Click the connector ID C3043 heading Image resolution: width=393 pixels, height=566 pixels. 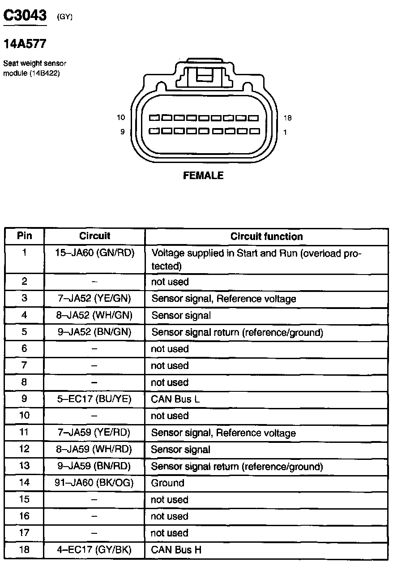[x=25, y=16]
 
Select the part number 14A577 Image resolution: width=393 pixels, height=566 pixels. [x=25, y=44]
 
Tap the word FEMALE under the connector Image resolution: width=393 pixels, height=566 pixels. [x=203, y=176]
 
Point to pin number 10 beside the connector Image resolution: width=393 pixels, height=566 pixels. [x=121, y=118]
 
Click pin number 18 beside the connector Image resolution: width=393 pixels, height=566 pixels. [x=287, y=118]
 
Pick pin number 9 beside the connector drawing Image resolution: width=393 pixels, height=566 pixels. [x=123, y=132]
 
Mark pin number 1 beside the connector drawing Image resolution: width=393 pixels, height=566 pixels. [x=285, y=132]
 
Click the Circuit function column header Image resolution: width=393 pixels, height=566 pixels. [x=266, y=236]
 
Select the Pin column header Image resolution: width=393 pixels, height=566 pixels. [x=25, y=236]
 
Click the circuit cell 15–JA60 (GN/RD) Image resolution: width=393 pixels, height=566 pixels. [x=94, y=253]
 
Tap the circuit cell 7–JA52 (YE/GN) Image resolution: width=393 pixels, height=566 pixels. [x=94, y=299]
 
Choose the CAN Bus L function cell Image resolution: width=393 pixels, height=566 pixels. [x=175, y=399]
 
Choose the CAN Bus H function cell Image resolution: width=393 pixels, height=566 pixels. [x=176, y=550]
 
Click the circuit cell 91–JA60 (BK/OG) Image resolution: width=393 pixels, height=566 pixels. [x=94, y=483]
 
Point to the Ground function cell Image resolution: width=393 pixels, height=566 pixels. [x=167, y=483]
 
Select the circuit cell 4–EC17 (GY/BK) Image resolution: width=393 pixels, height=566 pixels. [x=94, y=550]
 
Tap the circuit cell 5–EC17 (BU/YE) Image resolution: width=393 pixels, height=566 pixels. [x=94, y=399]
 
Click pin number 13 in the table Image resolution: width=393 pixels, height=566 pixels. [x=25, y=466]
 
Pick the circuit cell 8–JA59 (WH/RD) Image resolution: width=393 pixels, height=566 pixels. [x=94, y=450]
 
